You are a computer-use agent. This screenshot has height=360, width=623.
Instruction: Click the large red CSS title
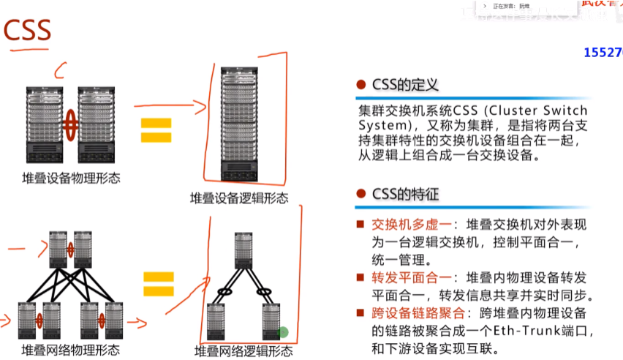coord(28,31)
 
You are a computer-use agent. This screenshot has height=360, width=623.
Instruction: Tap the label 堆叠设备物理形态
coord(71,178)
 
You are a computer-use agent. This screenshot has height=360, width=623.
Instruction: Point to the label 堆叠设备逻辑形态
coord(239,198)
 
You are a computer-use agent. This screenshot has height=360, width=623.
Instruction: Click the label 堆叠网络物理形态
coord(71,350)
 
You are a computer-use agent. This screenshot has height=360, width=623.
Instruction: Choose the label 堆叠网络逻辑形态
coord(243,351)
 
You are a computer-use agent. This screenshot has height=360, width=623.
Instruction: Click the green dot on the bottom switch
coord(282,332)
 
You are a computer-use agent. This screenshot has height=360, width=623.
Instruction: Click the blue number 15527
coord(603,53)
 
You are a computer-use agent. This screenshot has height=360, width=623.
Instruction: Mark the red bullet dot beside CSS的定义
coord(360,86)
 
